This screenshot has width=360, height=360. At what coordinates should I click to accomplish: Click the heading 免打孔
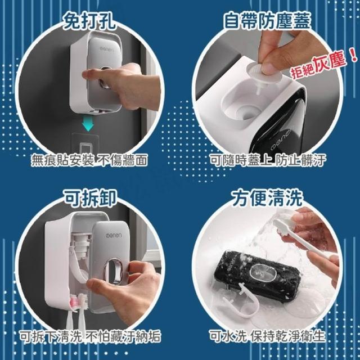tap(89, 22)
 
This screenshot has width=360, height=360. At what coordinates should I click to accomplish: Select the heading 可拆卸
tap(90, 198)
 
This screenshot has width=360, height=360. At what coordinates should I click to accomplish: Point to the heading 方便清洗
tap(267, 197)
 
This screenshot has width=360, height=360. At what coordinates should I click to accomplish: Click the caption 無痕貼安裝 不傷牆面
tap(89, 160)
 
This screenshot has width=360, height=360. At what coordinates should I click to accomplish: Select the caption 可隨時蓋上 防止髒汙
tap(268, 160)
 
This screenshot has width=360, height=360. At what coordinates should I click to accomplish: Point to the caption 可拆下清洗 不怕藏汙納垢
tap(90, 336)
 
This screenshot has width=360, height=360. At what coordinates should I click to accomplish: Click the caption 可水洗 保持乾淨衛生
tap(268, 336)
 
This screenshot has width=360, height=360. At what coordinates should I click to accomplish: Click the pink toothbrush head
tap(74, 301)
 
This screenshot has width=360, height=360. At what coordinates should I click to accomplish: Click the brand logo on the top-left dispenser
tap(106, 49)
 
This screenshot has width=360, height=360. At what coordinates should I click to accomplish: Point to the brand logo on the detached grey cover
tap(114, 236)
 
